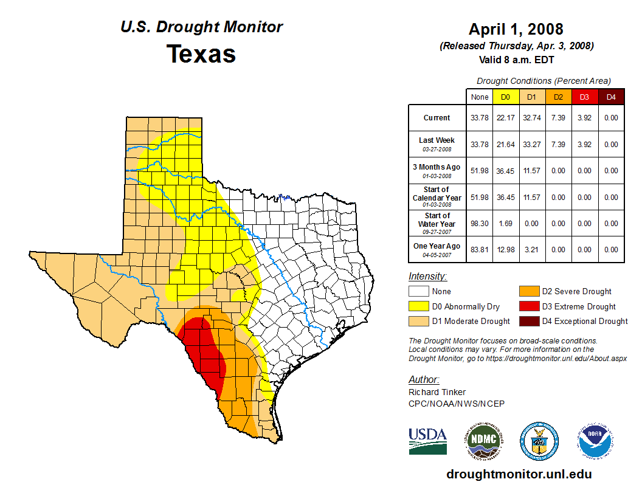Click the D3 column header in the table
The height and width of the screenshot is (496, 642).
click(584, 97)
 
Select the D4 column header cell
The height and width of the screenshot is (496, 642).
click(611, 97)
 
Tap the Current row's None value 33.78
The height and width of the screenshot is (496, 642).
click(479, 118)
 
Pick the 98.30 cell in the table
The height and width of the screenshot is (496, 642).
click(479, 223)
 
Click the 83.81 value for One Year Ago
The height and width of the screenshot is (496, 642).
click(479, 249)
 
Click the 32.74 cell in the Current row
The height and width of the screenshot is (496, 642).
click(531, 118)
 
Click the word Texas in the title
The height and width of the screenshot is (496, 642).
click(201, 54)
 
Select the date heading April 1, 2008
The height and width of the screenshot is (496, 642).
click(516, 29)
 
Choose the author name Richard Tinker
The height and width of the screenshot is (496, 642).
click(437, 392)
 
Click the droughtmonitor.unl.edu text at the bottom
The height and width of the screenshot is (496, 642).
click(519, 474)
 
